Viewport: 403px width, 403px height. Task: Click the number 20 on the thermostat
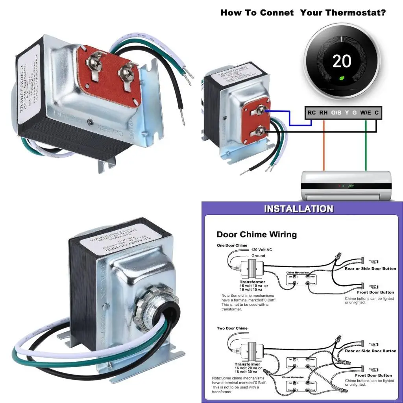tap(342, 61)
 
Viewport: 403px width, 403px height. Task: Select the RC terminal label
tap(312, 113)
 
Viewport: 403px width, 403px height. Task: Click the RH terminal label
tap(323, 113)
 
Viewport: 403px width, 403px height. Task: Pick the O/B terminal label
tap(336, 113)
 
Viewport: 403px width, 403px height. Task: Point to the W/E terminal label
tap(366, 113)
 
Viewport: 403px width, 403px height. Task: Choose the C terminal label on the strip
tap(377, 113)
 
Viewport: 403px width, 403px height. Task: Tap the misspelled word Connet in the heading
tap(276, 13)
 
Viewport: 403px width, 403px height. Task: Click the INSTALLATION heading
tap(299, 209)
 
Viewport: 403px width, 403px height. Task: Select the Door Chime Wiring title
tap(257, 235)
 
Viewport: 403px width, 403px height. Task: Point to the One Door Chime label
tap(232, 246)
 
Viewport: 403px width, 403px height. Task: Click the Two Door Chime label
tap(232, 328)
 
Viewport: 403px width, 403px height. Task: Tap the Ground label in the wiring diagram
tap(259, 256)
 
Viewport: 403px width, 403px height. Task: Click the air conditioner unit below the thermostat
tap(346, 185)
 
